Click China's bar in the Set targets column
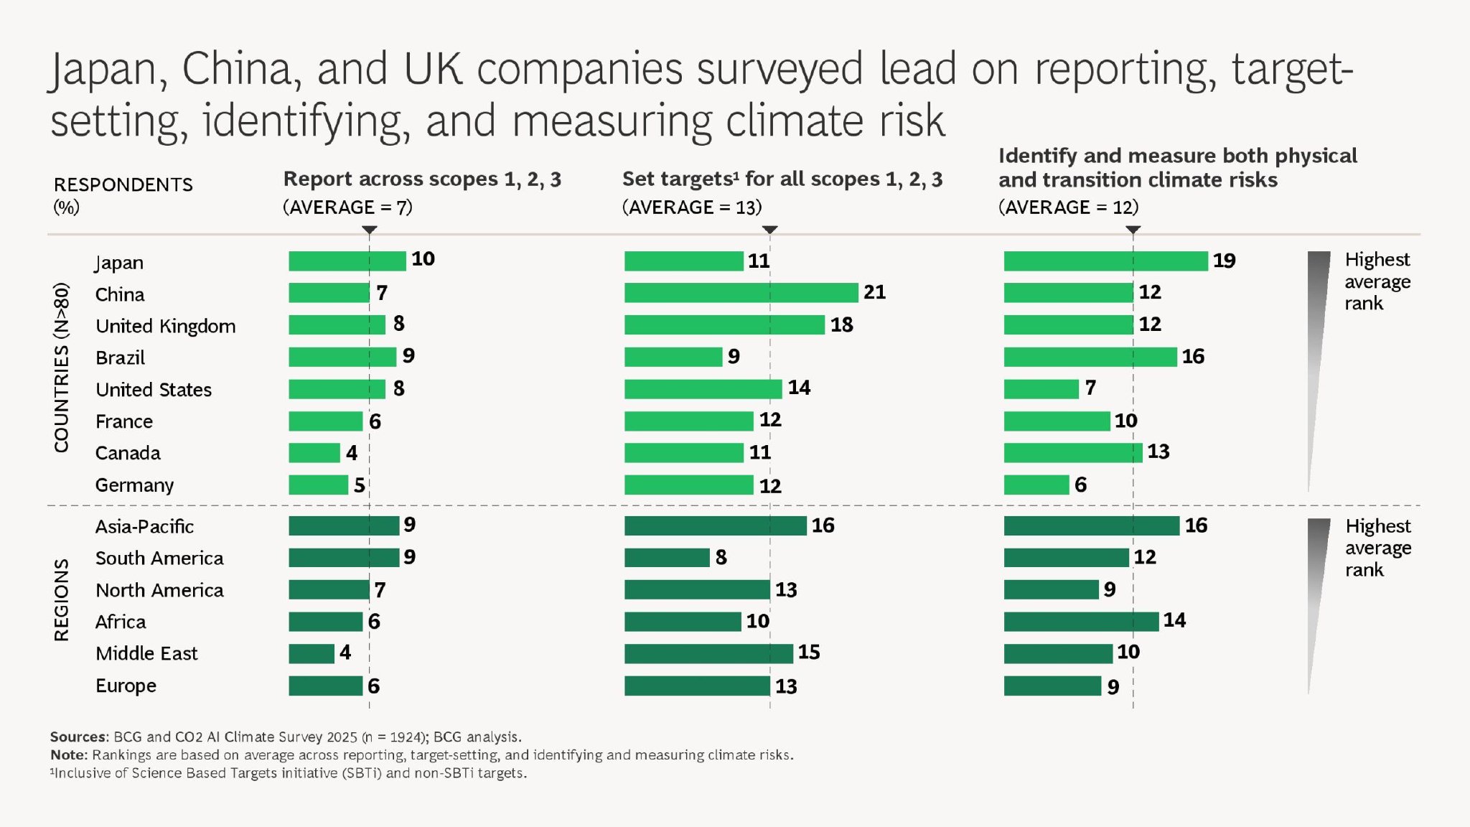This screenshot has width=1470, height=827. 741,293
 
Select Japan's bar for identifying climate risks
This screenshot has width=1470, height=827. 1105,261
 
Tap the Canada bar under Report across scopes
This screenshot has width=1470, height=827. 314,453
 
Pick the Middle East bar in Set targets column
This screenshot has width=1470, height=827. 708,653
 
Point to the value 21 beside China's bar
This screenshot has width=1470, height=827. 874,292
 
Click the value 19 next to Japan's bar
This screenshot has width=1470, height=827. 1224,261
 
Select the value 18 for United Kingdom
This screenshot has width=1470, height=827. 841,324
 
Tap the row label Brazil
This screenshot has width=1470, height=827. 120,358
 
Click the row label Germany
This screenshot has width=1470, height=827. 134,485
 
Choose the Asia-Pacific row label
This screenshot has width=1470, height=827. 144,527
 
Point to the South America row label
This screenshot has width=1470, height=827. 159,559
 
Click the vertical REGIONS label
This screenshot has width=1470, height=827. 62,600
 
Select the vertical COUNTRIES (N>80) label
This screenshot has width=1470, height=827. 62,368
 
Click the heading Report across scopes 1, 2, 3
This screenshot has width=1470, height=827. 422,179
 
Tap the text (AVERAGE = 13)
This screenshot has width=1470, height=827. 692,207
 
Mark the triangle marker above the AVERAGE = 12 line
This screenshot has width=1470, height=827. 1133,230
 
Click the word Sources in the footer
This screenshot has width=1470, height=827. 78,737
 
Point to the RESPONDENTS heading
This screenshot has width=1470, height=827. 123,184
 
